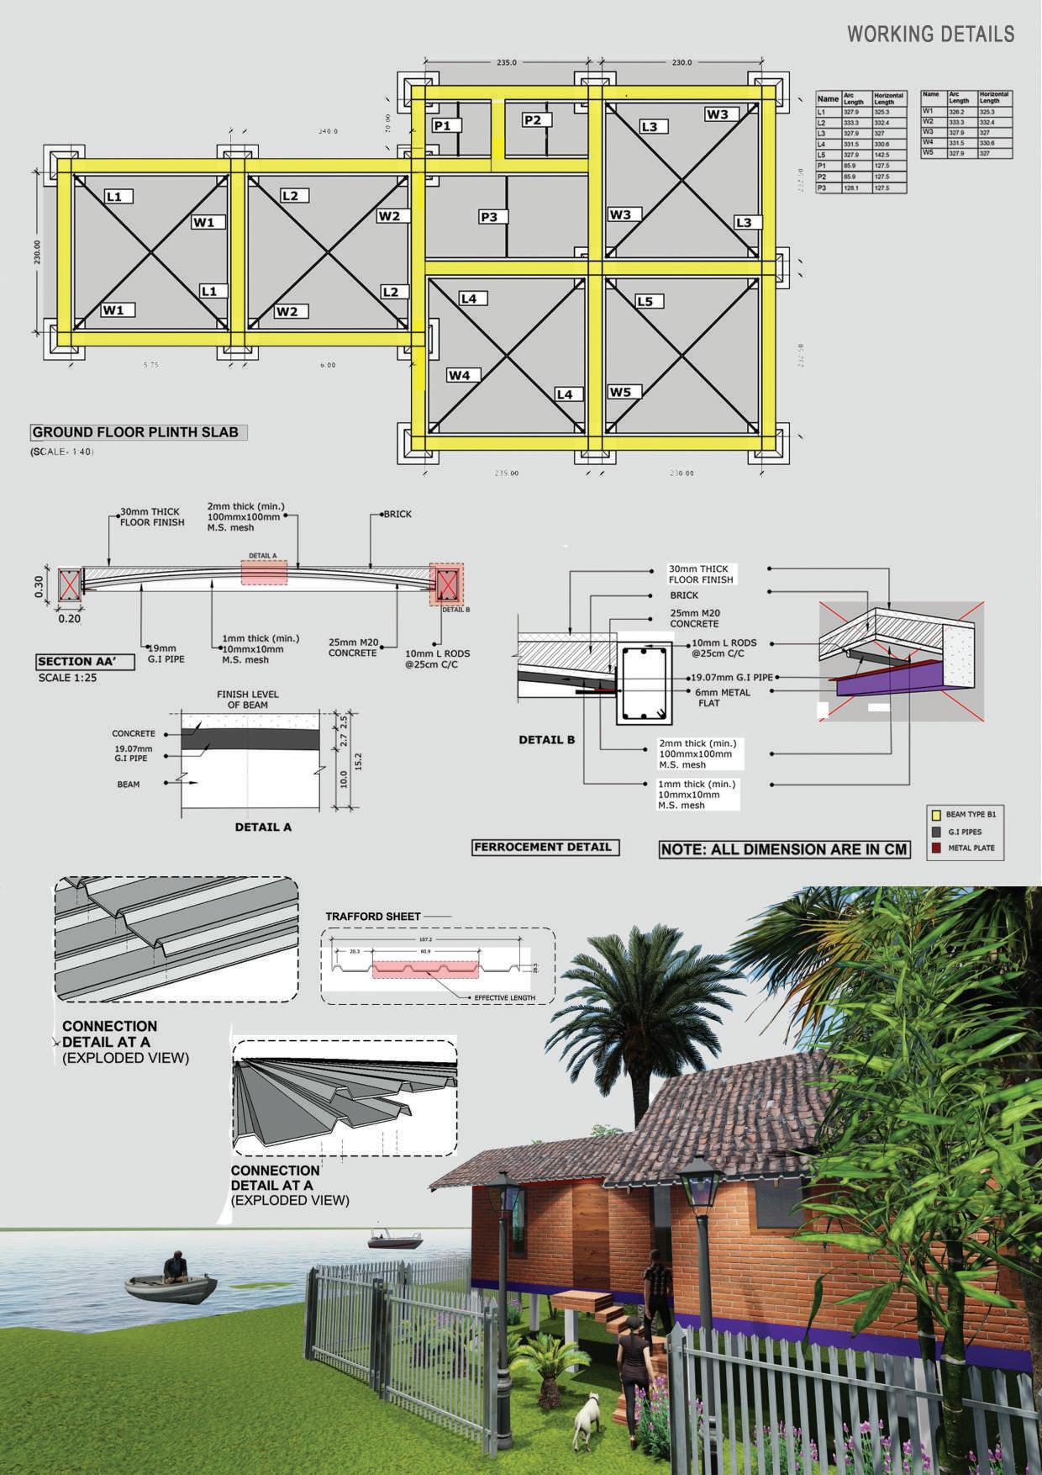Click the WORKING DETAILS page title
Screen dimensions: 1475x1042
click(x=930, y=34)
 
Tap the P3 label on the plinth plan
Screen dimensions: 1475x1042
click(x=488, y=217)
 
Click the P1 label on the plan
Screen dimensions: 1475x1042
click(x=442, y=125)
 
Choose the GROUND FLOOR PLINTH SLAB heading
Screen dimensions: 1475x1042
click(x=135, y=433)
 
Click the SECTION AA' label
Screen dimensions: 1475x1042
click(x=75, y=662)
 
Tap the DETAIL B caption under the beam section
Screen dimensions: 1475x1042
click(x=546, y=740)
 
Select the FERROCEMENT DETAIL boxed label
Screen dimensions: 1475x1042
click(x=545, y=847)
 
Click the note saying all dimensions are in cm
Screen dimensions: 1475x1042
click(x=784, y=849)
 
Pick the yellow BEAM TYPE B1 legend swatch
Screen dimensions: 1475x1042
click(x=934, y=815)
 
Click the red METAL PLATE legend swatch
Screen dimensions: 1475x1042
click(x=934, y=848)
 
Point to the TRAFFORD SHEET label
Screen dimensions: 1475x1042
click(x=372, y=916)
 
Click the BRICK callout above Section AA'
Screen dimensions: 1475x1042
click(x=397, y=514)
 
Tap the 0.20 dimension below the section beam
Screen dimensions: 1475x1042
click(x=70, y=619)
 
